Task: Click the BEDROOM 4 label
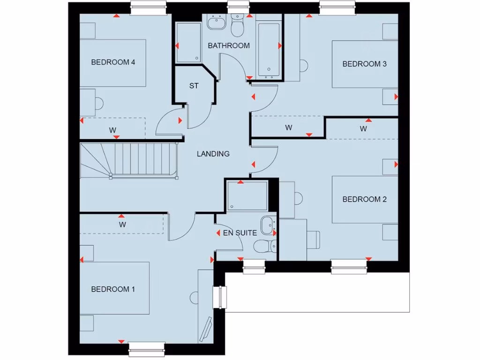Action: [x=113, y=62]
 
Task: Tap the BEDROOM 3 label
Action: [x=364, y=64]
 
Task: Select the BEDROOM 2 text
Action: [x=364, y=199]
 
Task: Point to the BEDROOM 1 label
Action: [x=113, y=289]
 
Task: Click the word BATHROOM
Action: [x=229, y=45]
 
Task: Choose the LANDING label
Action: [x=213, y=154]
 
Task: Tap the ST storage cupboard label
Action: [x=194, y=86]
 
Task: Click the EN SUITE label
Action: [x=240, y=232]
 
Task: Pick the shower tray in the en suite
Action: [x=247, y=196]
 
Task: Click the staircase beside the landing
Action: [x=129, y=160]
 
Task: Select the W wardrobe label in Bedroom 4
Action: [x=113, y=129]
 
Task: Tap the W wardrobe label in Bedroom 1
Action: [x=122, y=225]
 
